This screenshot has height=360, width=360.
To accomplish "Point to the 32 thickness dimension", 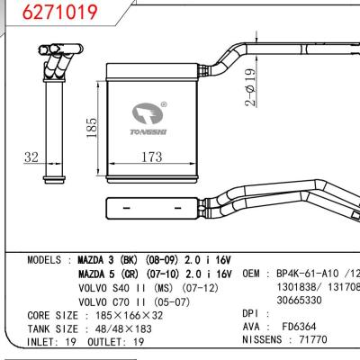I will (x=31, y=158).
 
